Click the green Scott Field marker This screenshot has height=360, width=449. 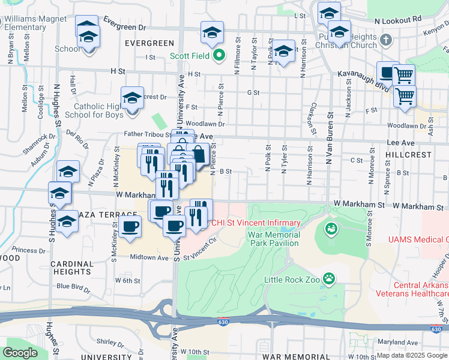tap(219, 56)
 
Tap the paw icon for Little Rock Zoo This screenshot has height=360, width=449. tap(328, 278)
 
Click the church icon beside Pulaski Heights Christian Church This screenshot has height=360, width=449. tap(386, 41)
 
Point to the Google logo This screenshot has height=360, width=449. tap(20, 352)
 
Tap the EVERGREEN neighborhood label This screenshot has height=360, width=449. tap(149, 43)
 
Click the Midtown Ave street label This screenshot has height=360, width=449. tap(150, 257)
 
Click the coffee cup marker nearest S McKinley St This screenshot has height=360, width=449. tap(130, 227)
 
